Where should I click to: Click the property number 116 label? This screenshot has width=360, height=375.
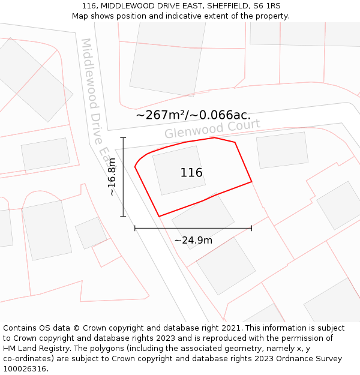click(191, 173)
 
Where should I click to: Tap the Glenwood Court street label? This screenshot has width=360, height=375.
click(212, 128)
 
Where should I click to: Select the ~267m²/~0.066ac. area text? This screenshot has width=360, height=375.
click(193, 115)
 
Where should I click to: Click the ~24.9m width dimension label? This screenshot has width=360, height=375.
click(193, 241)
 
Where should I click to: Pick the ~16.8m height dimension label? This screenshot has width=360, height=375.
click(112, 176)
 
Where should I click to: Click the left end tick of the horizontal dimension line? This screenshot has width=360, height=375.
click(135, 228)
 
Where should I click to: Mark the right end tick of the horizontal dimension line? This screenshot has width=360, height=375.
click(251, 228)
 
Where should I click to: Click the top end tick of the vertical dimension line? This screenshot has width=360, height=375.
click(123, 138)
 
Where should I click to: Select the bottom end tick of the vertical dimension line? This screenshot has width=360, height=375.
click(123, 216)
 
